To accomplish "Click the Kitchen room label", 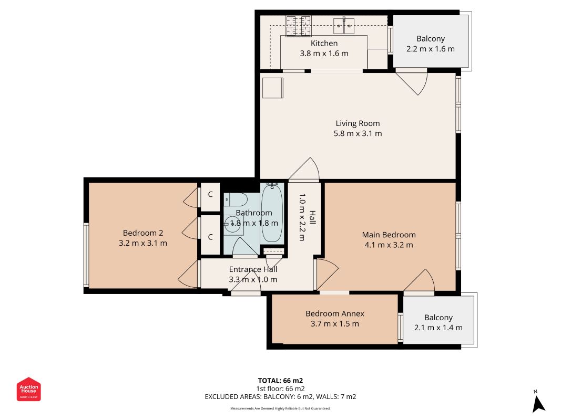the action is tap(324, 43).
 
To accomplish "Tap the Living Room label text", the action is tap(358, 123).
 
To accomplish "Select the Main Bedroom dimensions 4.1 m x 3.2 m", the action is tap(389, 245).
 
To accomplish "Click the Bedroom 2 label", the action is tap(143, 233).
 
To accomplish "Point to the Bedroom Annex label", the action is tap(335, 313).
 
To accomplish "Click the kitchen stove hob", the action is tap(299, 26).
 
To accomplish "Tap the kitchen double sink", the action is tap(344, 26).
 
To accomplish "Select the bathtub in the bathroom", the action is tap(272, 213).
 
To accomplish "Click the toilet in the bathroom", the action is tap(236, 199).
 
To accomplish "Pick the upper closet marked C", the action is tap(210, 195).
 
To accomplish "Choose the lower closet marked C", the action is tap(210, 237).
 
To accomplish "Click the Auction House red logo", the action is tap(28, 389).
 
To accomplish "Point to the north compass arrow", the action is tap(538, 404).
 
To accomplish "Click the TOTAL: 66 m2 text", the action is tap(281, 381).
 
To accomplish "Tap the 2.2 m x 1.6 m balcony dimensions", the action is tap(431, 49).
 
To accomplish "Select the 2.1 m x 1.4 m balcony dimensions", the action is tap(438, 328).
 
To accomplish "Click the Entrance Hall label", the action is tap(253, 269).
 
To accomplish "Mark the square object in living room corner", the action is tap(273, 88).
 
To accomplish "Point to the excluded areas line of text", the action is tap(281, 396).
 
